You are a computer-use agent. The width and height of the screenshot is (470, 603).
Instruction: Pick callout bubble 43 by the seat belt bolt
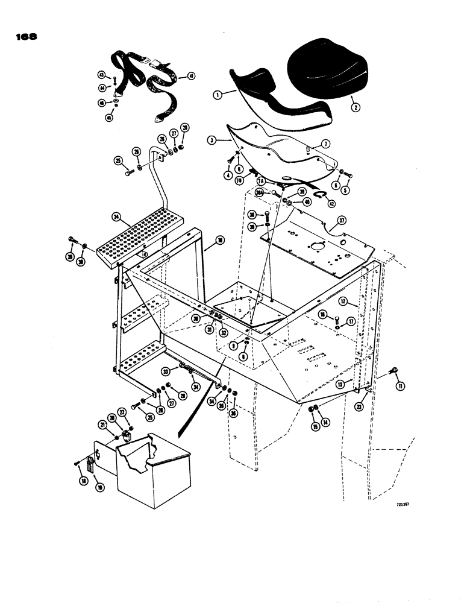pyautogui.click(x=101, y=74)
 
